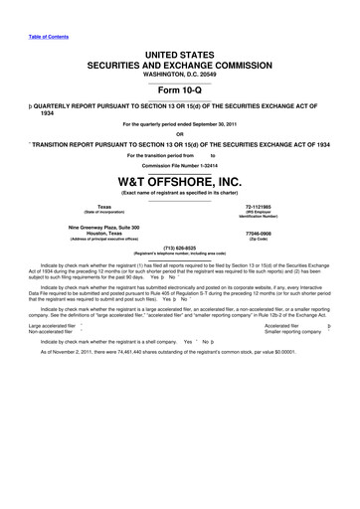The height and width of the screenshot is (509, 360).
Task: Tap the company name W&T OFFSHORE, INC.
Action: pyautogui.click(x=180, y=182)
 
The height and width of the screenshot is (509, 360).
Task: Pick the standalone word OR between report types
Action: pyautogui.click(x=180, y=134)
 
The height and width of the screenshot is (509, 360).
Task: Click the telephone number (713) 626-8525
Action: pyautogui.click(x=180, y=249)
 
